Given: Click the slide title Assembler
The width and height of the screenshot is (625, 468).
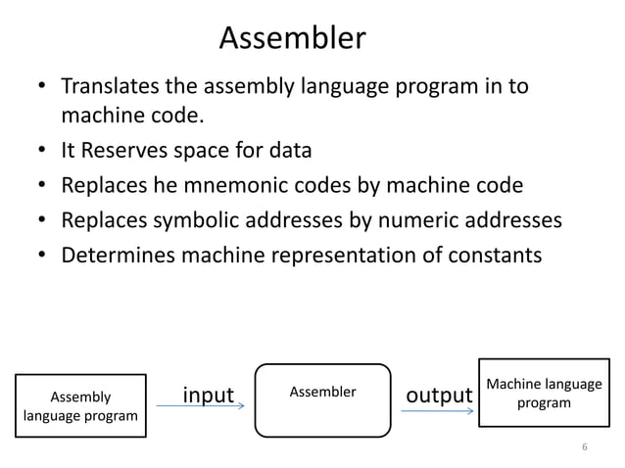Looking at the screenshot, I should [292, 38].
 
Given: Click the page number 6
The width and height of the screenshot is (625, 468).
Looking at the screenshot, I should [584, 447].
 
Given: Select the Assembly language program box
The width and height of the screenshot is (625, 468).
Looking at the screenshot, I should [79, 406].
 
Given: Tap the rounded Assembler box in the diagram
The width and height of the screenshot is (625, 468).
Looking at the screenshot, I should [322, 399].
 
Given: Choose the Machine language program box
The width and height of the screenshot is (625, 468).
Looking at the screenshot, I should [544, 393].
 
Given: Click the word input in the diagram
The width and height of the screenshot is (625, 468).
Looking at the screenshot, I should [209, 395].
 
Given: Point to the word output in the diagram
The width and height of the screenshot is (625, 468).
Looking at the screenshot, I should [439, 395].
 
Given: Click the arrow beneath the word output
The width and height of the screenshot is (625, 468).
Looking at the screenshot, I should [437, 411].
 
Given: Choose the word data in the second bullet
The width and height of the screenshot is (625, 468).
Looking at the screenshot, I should [289, 152].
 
